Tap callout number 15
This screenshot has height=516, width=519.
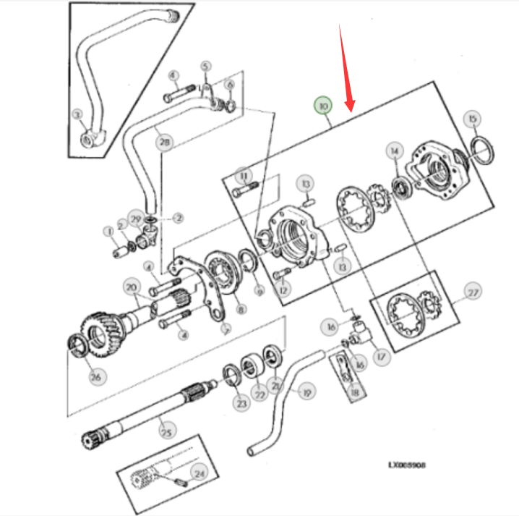click(x=473, y=118)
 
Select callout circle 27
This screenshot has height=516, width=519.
click(x=472, y=292)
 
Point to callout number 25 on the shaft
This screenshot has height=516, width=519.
click(x=167, y=432)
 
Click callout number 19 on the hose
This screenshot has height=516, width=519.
click(x=307, y=392)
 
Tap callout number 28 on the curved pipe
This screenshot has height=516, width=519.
click(x=166, y=143)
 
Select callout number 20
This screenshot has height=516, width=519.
click(x=131, y=287)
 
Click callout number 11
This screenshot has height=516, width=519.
click(x=244, y=175)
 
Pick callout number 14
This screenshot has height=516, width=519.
click(x=394, y=151)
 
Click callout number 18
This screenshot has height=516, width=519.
click(x=354, y=392)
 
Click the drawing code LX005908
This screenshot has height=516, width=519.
click(x=406, y=465)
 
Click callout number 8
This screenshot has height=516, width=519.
click(x=241, y=309)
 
